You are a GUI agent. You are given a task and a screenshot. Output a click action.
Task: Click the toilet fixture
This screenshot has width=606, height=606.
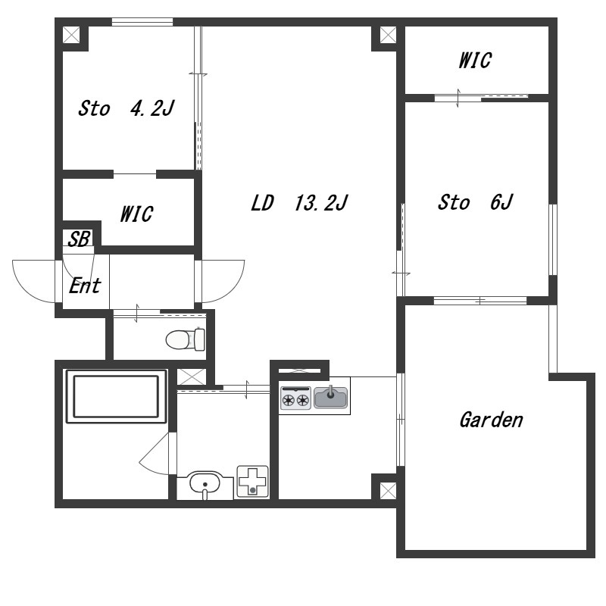pyautogui.click(x=186, y=339)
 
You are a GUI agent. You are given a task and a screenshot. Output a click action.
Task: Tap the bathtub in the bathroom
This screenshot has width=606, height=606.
pyautogui.click(x=117, y=396)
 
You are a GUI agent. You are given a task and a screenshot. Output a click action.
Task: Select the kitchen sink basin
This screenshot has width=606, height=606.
pyautogui.click(x=331, y=397)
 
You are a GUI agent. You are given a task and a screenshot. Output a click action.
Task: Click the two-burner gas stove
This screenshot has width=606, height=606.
pyautogui.click(x=295, y=398)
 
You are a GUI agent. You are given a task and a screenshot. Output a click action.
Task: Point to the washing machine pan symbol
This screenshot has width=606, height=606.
pyautogui.click(x=253, y=481)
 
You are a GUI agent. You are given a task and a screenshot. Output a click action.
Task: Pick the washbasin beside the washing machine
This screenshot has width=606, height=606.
pyautogui.click(x=205, y=485)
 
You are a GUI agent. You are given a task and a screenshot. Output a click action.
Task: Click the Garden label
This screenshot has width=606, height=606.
pyautogui.click(x=491, y=420)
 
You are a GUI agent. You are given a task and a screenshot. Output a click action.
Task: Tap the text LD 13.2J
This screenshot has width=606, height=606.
pyautogui.click(x=299, y=203)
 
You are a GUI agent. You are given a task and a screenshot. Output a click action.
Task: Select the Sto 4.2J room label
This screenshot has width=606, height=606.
pyautogui.click(x=127, y=108)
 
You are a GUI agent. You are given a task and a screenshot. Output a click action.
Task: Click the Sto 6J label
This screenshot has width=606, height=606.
pyautogui.click(x=475, y=202)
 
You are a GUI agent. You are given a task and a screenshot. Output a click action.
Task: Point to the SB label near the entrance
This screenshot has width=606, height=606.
pyautogui.click(x=80, y=239)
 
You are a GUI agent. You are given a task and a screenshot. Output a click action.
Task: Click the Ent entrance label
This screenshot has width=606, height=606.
pyautogui.click(x=85, y=286)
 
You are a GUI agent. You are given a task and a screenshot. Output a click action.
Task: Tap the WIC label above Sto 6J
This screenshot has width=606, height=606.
pyautogui.click(x=475, y=61)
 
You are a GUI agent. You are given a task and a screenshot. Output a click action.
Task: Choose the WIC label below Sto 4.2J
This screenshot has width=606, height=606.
pyautogui.click(x=136, y=214)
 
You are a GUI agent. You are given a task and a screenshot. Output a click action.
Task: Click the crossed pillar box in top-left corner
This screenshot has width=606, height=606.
pyautogui.click(x=71, y=35)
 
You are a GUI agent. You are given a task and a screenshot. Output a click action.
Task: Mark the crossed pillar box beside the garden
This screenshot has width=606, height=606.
pyautogui.click(x=388, y=491)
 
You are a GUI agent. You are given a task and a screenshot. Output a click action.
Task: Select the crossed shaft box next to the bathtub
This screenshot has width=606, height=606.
pyautogui.click(x=192, y=376)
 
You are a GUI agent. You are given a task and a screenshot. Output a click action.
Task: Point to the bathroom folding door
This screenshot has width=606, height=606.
pyautogui.click(x=155, y=453)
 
